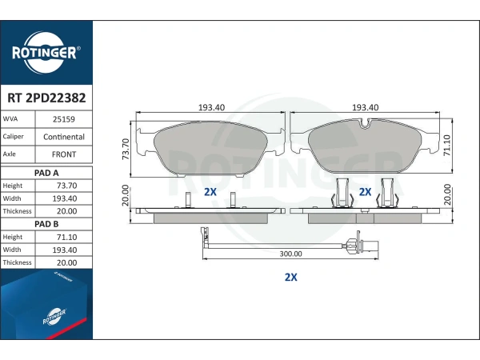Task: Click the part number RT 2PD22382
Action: pyautogui.click(x=46, y=98)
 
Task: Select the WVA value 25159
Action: pyautogui.click(x=64, y=119)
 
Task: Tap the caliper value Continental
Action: pyautogui.click(x=64, y=137)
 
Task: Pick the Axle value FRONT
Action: pyautogui.click(x=64, y=154)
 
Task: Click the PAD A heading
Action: pyautogui.click(x=46, y=173)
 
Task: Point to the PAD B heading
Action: pyautogui.click(x=46, y=224)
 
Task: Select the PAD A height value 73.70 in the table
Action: pyautogui.click(x=66, y=186)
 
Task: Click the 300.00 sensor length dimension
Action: pyautogui.click(x=291, y=254)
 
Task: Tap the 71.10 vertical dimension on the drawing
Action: pyautogui.click(x=447, y=145)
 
